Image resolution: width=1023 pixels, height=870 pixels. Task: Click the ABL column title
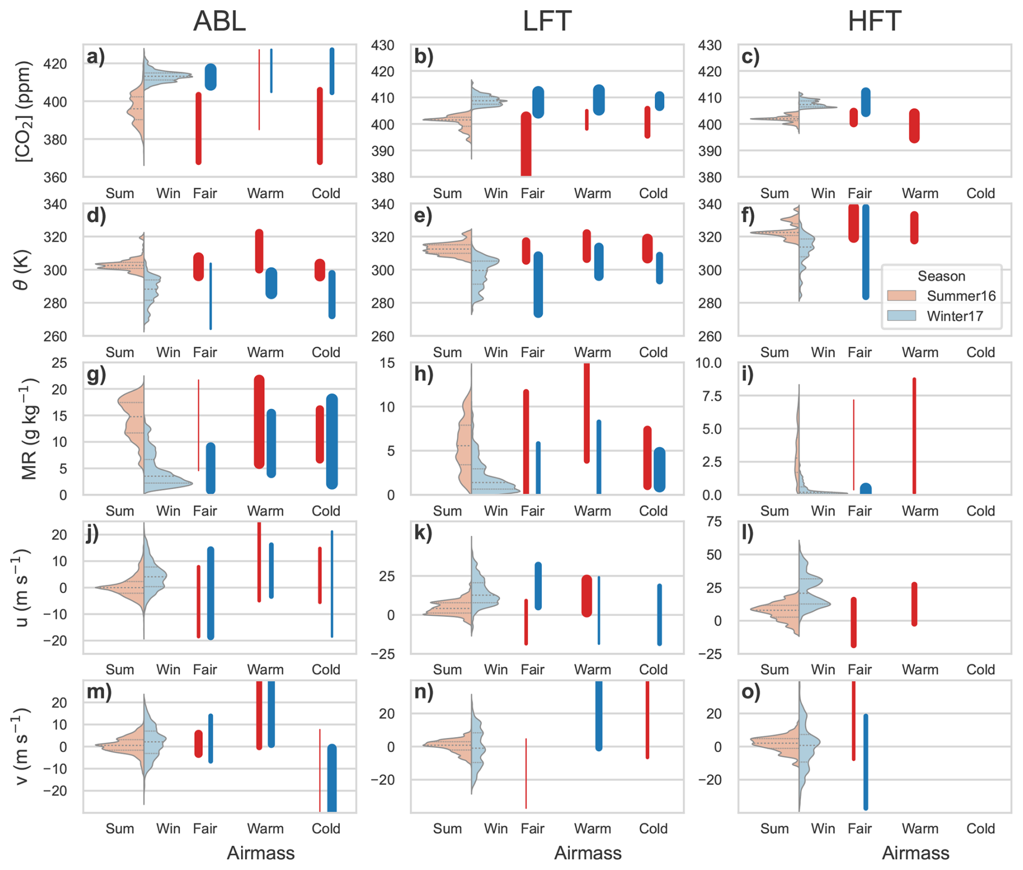pos(219,22)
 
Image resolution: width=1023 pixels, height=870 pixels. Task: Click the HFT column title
pos(874,22)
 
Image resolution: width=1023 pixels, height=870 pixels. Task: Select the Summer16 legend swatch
pos(901,296)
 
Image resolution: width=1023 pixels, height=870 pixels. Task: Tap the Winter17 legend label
pos(955,316)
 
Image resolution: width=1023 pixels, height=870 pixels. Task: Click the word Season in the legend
pos(941,276)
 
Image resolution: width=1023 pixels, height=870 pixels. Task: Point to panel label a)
pos(96,56)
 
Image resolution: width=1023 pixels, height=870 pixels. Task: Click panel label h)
pos(424,374)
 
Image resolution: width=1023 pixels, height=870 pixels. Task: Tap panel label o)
pos(751,692)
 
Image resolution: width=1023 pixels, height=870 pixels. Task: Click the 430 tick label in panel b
pos(382,45)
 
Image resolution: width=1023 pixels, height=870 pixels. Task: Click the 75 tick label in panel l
pos(714,522)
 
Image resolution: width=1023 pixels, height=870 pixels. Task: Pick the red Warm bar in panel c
pos(914,125)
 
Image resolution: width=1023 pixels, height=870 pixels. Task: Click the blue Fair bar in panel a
pos(211,77)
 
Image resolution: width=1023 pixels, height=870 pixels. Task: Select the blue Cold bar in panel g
pos(332,441)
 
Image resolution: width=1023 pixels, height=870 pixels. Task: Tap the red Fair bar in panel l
pos(854,622)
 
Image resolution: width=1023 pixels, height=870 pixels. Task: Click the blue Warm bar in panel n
pos(599,715)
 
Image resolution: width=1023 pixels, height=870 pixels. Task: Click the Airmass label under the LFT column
pos(588,853)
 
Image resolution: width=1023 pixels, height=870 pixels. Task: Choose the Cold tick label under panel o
pos(980,828)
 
